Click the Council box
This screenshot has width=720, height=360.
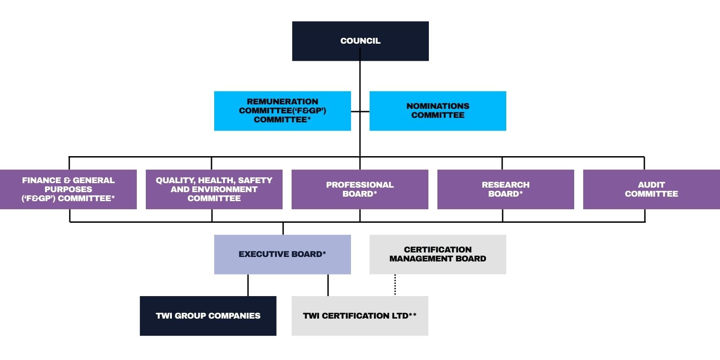click(360, 41)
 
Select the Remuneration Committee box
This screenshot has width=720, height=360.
click(282, 111)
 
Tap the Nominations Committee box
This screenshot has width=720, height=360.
click(437, 111)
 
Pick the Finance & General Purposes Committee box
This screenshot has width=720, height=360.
click(68, 189)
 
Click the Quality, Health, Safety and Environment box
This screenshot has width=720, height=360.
click(214, 189)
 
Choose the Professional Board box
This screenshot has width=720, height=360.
click(360, 189)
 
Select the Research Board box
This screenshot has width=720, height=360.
click(505, 189)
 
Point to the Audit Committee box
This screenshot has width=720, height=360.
click(651, 189)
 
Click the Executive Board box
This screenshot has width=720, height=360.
click(282, 254)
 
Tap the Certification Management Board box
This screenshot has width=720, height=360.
click(437, 254)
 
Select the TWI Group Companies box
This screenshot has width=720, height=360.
click(208, 315)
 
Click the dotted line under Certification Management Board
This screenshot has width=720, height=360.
click(395, 285)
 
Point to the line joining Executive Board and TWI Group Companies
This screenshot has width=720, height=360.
click(248, 285)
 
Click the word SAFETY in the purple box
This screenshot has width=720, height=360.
click(255, 180)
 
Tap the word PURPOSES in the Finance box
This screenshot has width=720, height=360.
click(68, 189)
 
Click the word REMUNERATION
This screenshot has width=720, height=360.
click(282, 102)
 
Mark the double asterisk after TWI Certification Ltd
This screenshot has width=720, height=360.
click(413, 315)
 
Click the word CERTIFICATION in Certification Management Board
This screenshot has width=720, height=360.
click(437, 250)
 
